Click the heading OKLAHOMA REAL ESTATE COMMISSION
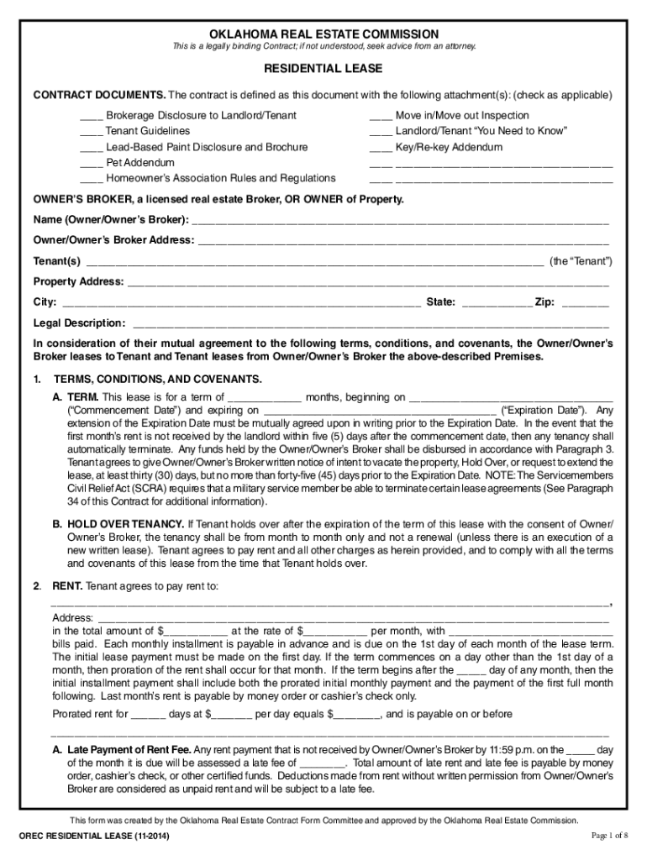323,33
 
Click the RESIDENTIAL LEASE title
323,68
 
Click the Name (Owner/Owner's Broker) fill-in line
400,223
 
